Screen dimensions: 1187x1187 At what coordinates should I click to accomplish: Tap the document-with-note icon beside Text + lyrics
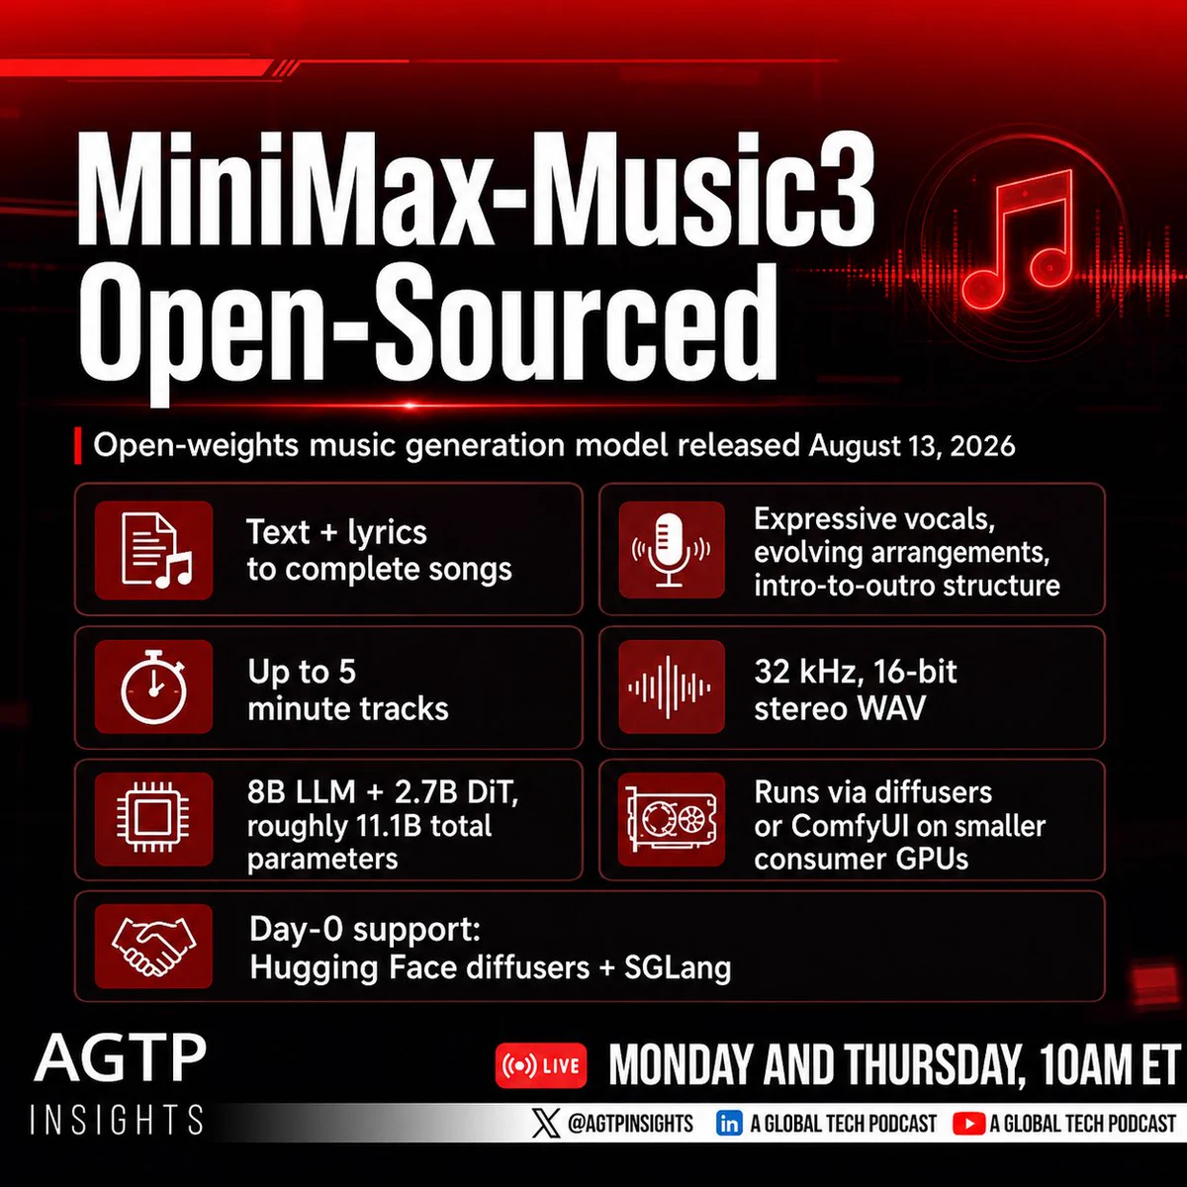pos(156,550)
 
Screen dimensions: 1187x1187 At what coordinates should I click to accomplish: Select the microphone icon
pos(671,550)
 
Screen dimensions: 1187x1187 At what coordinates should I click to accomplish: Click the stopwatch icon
pos(154,686)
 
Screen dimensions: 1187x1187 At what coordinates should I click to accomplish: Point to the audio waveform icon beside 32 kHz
pos(670,686)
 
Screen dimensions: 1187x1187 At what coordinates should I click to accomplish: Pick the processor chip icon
pos(153,818)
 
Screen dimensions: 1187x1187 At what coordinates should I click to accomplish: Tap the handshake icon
pos(153,947)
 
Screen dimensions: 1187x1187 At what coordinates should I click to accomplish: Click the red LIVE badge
pos(541,1065)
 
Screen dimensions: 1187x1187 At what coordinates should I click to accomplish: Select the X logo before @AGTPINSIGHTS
pos(546,1124)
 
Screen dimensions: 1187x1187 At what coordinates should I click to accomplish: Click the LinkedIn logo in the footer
pos(729,1124)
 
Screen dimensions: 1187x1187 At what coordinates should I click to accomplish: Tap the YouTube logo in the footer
pos(968,1124)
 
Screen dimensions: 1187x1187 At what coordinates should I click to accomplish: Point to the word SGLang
pos(678,967)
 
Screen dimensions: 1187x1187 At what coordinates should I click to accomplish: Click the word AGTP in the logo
pos(120,1058)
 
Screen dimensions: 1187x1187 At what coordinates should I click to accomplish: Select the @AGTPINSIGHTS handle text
pos(630,1124)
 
